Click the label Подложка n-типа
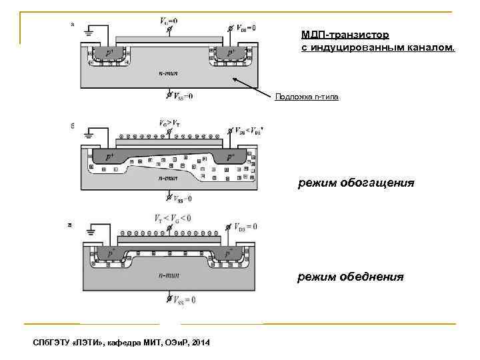(307, 97)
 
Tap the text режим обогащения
(355, 183)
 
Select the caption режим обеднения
(350, 275)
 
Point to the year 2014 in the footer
(199, 343)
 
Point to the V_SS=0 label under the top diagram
(181, 96)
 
